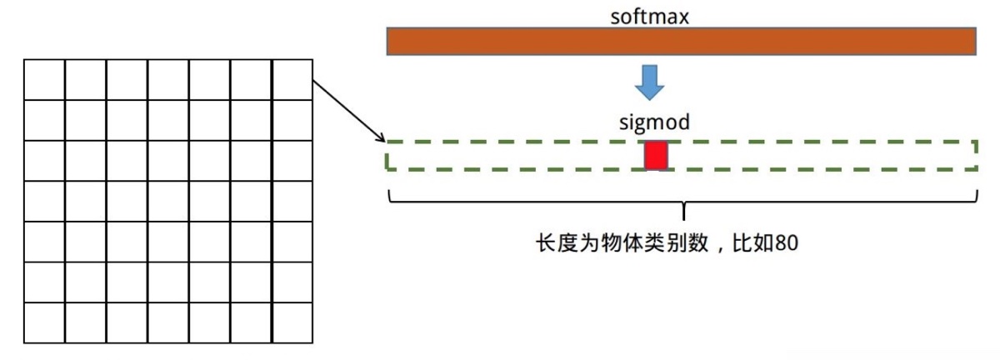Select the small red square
[x=657, y=155]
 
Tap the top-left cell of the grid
[x=45, y=80]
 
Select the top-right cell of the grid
[x=292, y=80]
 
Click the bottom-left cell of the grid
[x=45, y=323]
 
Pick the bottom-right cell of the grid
[x=292, y=323]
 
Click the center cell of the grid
[x=168, y=201]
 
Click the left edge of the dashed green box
[x=387, y=155]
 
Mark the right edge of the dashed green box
[x=976, y=155]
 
